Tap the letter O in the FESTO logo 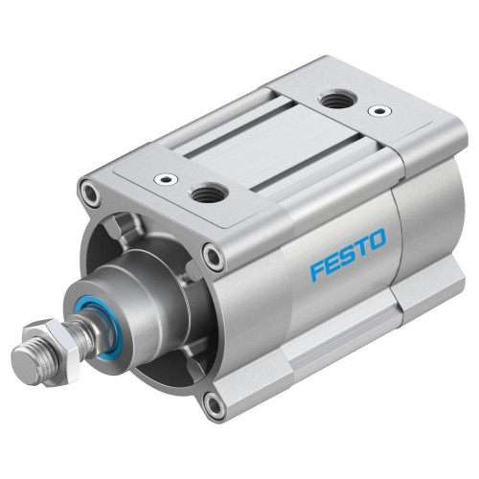(x=377, y=239)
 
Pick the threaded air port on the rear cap (x=335, y=98)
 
